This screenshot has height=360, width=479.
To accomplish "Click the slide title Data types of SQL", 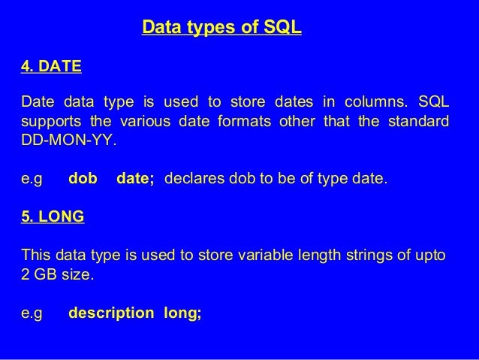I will [221, 29].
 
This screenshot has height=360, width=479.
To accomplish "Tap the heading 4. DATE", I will [52, 67].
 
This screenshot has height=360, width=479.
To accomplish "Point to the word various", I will [147, 122].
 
